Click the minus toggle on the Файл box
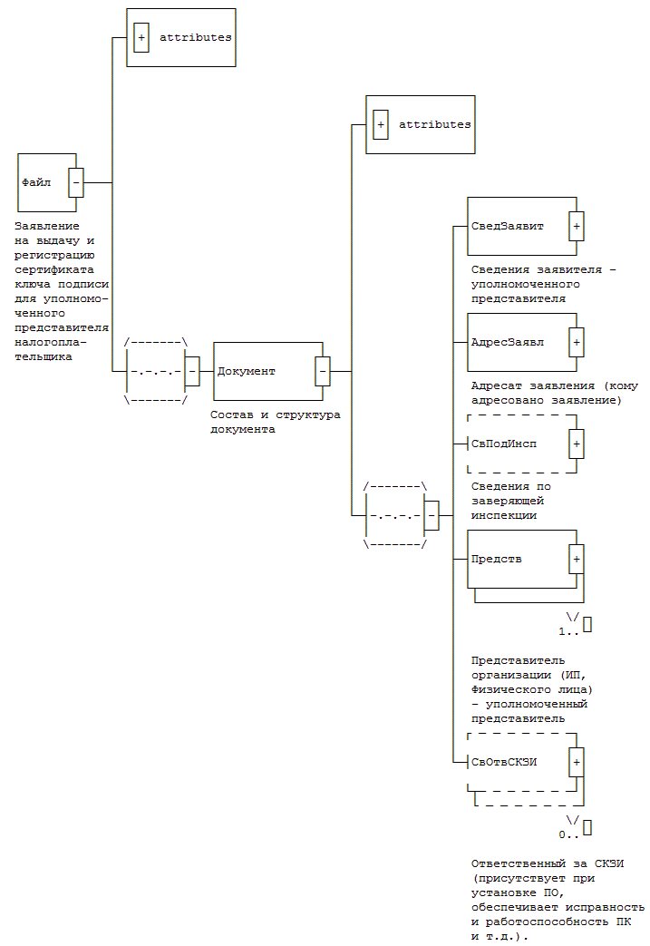click(x=76, y=182)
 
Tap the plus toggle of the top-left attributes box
click(x=141, y=38)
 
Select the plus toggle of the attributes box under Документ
click(x=381, y=124)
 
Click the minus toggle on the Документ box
click(x=322, y=371)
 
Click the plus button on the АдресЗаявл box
click(x=577, y=342)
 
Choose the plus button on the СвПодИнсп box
click(x=577, y=444)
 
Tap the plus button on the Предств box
click(x=577, y=559)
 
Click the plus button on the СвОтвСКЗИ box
click(x=577, y=761)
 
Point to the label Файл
click(x=36, y=182)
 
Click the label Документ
click(x=247, y=371)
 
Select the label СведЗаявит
click(x=508, y=226)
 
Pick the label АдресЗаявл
click(x=508, y=343)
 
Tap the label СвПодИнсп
click(x=504, y=444)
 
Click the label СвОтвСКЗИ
click(x=504, y=761)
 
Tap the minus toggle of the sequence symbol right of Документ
click(x=432, y=515)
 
